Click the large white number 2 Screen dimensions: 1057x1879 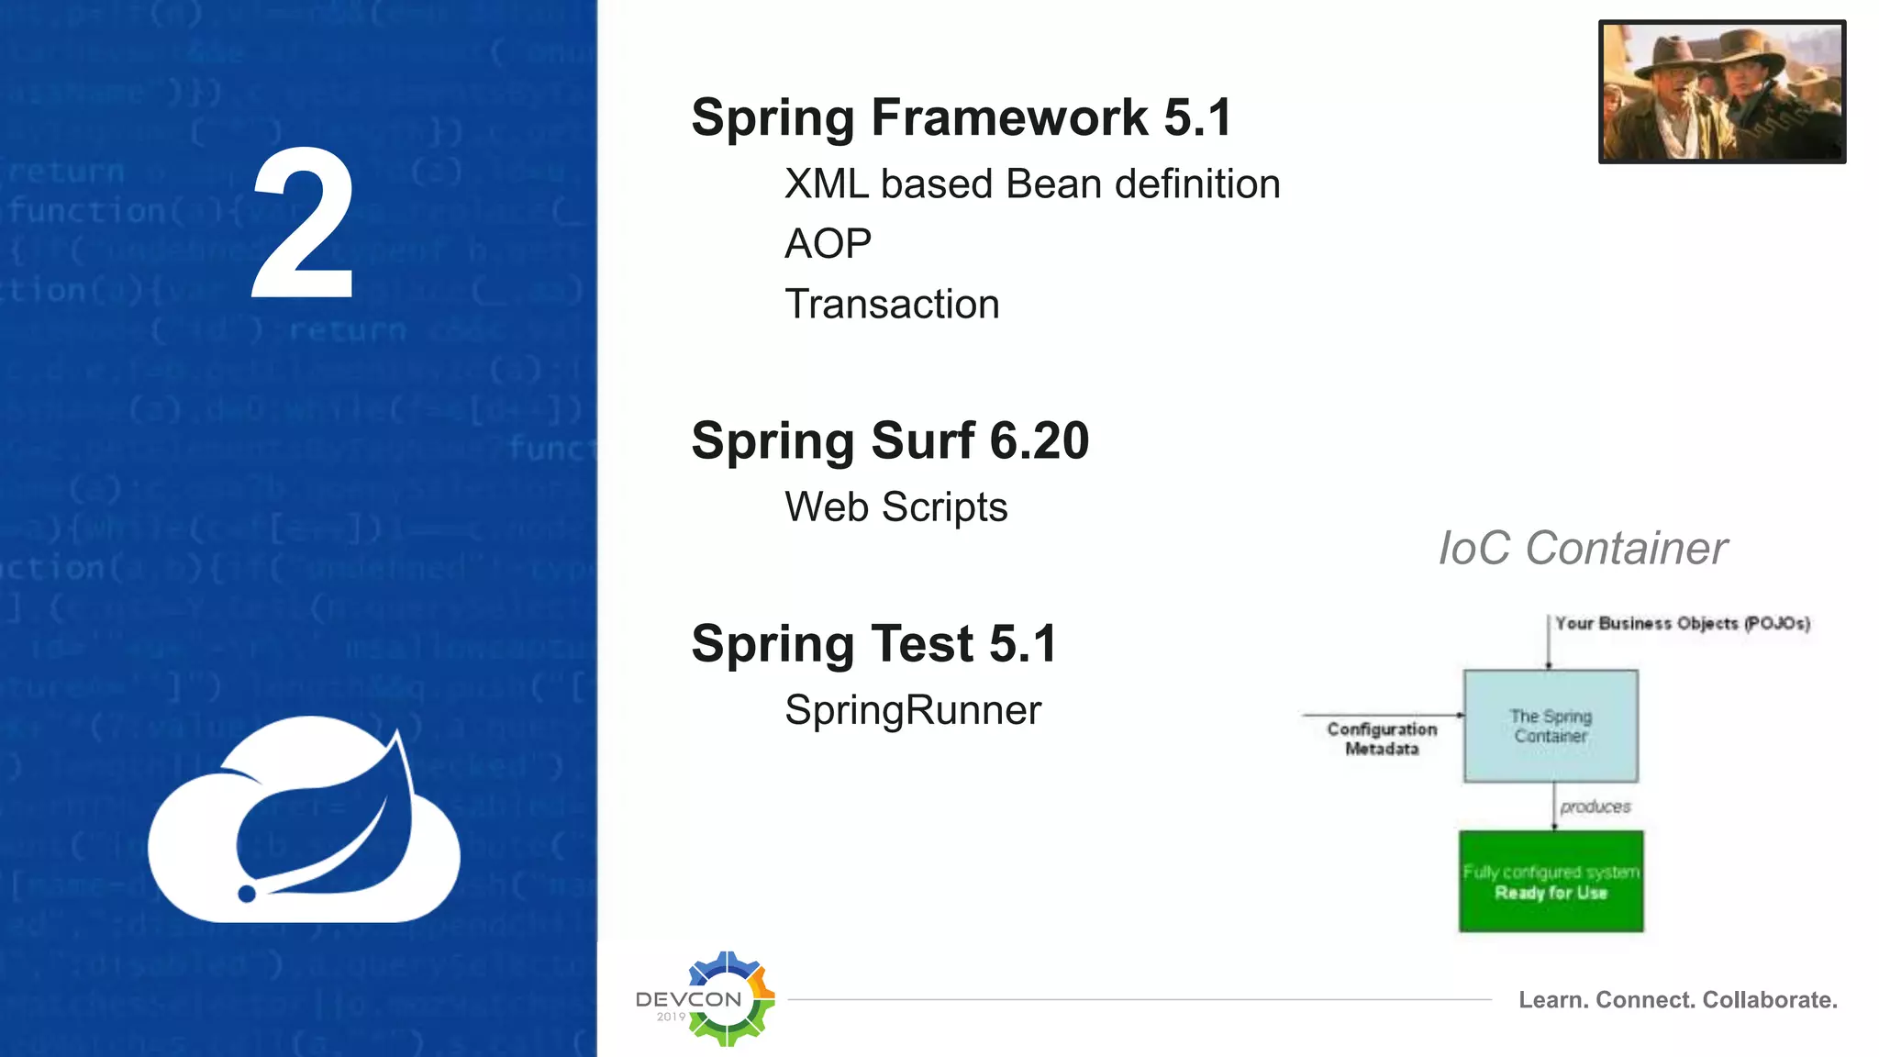[x=303, y=225]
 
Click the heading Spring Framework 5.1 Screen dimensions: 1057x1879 [x=961, y=118]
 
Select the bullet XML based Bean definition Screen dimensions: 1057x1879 [x=1031, y=184]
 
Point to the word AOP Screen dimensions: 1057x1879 [x=828, y=244]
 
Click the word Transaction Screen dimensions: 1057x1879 [x=892, y=305]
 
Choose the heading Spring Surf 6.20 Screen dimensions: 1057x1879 [x=890, y=441]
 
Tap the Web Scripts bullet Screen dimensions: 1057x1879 [x=895, y=507]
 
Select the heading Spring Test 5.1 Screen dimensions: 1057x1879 [x=874, y=644]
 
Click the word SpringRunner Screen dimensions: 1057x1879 [x=913, y=710]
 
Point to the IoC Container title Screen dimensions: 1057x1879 [x=1582, y=549]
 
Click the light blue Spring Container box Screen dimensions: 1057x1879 [x=1551, y=726]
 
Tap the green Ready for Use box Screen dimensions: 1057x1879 [x=1551, y=882]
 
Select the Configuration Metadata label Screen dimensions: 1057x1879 [x=1382, y=739]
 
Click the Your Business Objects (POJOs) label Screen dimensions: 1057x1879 [x=1682, y=624]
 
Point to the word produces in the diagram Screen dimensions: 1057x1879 [x=1595, y=807]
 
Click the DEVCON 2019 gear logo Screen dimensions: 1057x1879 [x=725, y=999]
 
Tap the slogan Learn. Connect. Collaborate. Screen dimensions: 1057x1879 [x=1677, y=1000]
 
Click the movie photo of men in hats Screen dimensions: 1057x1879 [x=1721, y=92]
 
